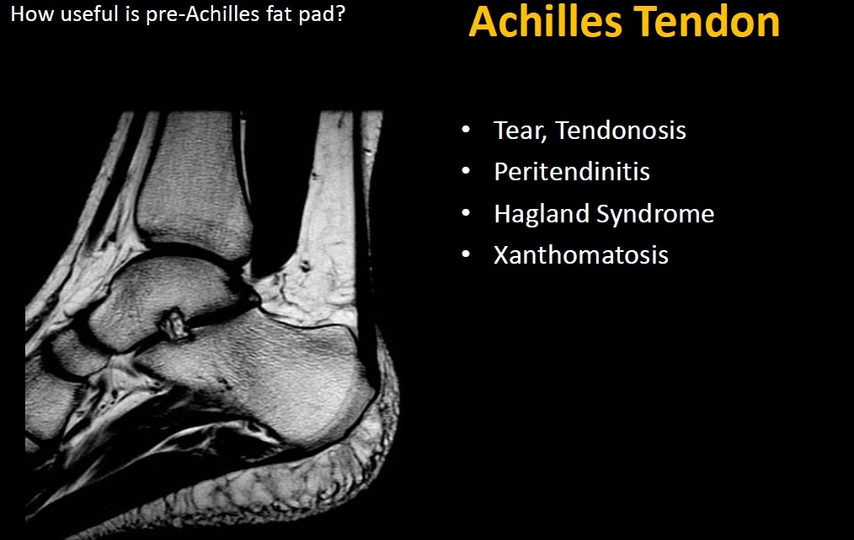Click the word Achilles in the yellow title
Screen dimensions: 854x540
coord(546,22)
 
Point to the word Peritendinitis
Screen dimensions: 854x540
coord(572,172)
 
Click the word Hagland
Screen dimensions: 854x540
coord(542,214)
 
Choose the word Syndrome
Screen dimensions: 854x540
coord(655,214)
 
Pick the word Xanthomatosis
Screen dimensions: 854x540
coord(580,255)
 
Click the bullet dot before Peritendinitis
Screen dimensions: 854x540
coord(466,172)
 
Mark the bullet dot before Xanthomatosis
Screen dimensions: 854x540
coord(466,255)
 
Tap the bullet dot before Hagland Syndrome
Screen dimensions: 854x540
coord(466,214)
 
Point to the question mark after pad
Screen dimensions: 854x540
coord(340,13)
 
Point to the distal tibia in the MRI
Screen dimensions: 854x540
coord(194,179)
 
